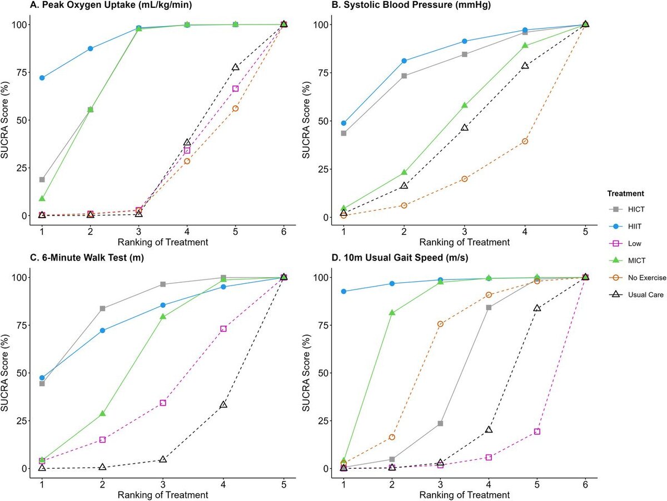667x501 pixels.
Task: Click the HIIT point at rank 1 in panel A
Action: tap(42, 78)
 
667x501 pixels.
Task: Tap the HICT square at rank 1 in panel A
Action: tap(42, 180)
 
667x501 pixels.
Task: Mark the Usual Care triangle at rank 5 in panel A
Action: tap(236, 67)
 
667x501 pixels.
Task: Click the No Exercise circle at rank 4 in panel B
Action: tap(525, 141)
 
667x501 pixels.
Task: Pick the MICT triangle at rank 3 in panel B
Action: tap(465, 105)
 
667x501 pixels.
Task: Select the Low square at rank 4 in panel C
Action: tap(223, 329)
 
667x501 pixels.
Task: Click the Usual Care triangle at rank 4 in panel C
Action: tap(223, 405)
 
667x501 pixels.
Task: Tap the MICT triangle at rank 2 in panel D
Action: tap(392, 313)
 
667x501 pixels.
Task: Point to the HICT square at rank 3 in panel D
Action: tap(440, 424)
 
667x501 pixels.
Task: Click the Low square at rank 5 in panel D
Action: tap(537, 432)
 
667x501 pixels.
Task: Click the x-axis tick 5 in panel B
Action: tap(585, 230)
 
